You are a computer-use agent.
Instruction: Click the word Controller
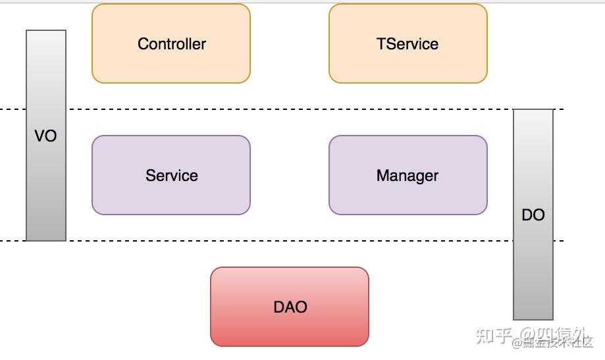[x=172, y=44]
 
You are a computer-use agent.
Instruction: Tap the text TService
[x=408, y=44]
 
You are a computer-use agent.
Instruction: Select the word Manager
[x=408, y=176]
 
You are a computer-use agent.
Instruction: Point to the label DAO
[x=290, y=307]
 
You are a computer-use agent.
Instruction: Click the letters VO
[x=45, y=136]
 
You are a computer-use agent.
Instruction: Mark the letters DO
[x=533, y=215]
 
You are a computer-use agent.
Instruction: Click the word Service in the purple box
[x=172, y=176]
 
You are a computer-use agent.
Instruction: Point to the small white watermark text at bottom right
[x=553, y=343]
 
